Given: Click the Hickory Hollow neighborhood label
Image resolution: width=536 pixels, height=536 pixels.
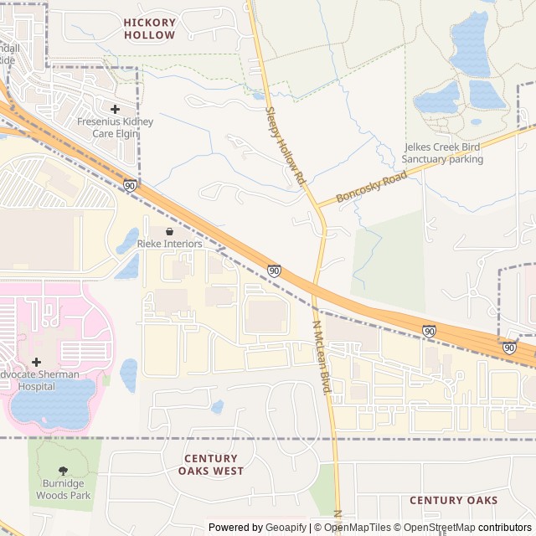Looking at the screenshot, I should point(150,28).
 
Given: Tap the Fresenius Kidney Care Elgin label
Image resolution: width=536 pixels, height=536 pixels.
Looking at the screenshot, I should point(115,127).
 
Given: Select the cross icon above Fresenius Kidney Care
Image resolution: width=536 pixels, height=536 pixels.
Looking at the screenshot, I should point(115,109).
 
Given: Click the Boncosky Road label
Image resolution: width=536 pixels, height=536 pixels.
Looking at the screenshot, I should point(371,187).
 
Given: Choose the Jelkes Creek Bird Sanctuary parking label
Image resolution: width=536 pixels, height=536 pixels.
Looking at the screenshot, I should point(442,152).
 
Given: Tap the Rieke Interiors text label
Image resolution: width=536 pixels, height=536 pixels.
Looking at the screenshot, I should point(170,244).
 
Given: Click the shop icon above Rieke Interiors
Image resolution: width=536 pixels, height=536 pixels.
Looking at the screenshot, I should point(170,231).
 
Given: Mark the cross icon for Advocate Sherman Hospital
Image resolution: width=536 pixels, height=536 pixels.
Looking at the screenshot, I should point(36,362).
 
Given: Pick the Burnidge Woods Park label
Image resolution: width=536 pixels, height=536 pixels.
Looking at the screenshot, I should point(63,489).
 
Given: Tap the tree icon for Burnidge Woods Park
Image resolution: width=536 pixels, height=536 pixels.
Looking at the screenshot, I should point(63,472).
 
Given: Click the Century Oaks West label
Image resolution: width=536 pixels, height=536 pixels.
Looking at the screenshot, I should point(210,465).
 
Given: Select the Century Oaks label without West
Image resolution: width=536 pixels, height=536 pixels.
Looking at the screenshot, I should point(453,500).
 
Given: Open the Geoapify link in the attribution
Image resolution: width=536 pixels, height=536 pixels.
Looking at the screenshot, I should point(287,528).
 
